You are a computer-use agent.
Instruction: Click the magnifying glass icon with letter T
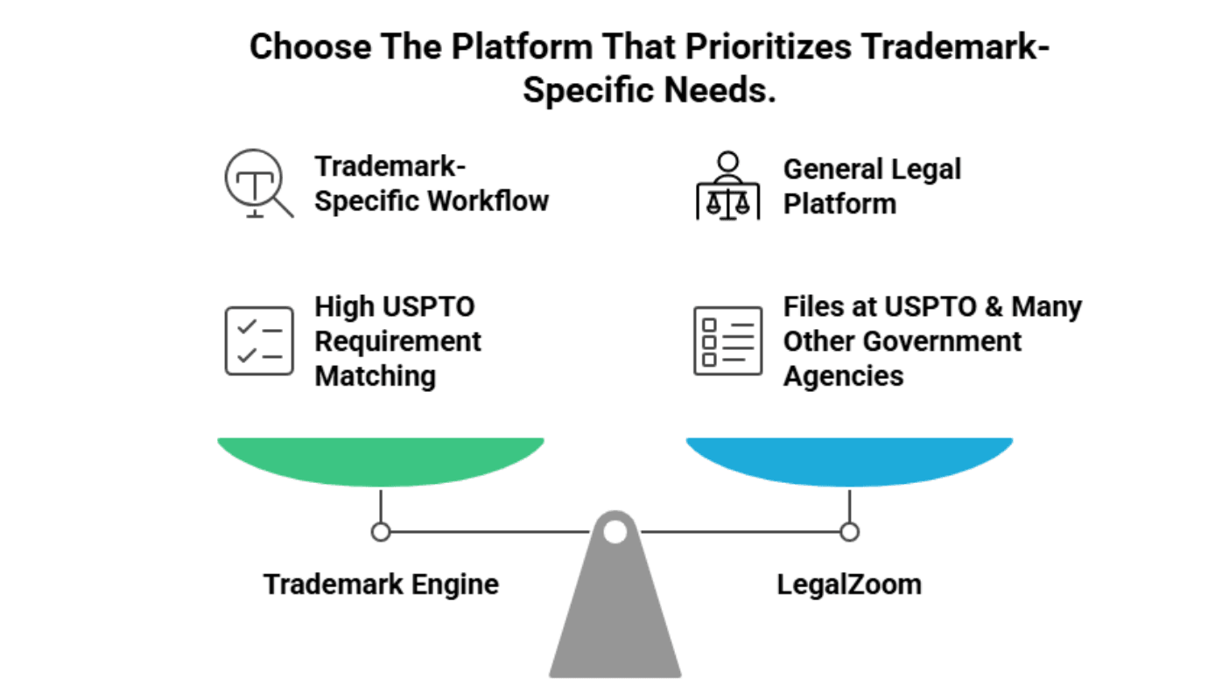pyautogui.click(x=256, y=184)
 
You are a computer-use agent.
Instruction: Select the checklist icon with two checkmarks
pyautogui.click(x=259, y=340)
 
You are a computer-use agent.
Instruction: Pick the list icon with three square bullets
pyautogui.click(x=727, y=340)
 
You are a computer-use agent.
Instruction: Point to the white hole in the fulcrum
pyautogui.click(x=615, y=531)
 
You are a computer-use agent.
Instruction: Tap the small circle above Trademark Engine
pyautogui.click(x=381, y=531)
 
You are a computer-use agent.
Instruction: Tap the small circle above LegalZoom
pyautogui.click(x=849, y=531)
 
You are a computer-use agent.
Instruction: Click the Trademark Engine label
pyautogui.click(x=381, y=584)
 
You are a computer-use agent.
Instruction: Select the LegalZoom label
pyautogui.click(x=849, y=584)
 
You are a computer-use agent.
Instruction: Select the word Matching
pyautogui.click(x=375, y=375)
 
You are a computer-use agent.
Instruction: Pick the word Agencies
pyautogui.click(x=843, y=375)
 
